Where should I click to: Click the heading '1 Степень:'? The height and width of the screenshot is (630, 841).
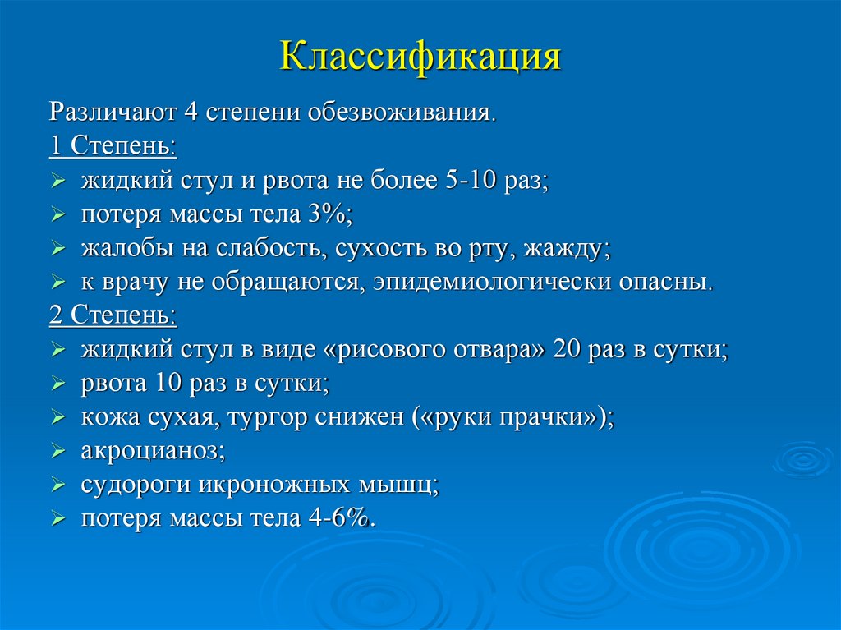112,145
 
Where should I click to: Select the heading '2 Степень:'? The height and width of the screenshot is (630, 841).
112,315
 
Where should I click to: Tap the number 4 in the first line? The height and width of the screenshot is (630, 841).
191,111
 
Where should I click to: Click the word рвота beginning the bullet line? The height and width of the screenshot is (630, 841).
113,383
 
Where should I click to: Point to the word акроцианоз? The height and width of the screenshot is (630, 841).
152,451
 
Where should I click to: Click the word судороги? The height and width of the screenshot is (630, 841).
135,485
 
